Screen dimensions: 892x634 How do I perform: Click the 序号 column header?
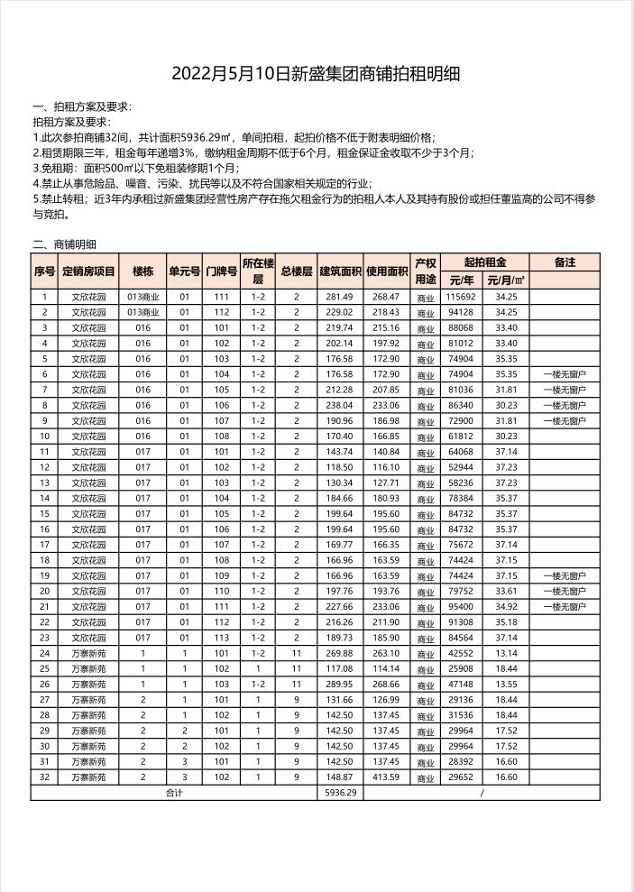tap(44, 271)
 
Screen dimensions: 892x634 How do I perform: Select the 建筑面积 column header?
tap(340, 271)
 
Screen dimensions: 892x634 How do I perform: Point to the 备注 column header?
tap(565, 262)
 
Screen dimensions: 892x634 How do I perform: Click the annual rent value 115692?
tap(461, 296)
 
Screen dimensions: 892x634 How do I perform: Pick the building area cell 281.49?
tap(339, 296)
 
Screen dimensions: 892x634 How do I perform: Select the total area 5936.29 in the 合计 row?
tap(339, 793)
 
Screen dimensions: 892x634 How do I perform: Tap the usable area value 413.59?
tap(386, 777)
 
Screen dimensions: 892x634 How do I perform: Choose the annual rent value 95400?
tap(461, 606)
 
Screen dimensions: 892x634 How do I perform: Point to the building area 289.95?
tap(339, 684)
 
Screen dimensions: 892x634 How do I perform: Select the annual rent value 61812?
tap(461, 436)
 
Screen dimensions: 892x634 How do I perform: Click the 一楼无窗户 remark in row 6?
tap(565, 373)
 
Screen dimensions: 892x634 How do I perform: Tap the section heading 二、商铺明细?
tap(64, 244)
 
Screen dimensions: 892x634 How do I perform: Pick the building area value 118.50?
tap(339, 467)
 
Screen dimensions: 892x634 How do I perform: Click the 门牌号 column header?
tap(221, 271)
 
